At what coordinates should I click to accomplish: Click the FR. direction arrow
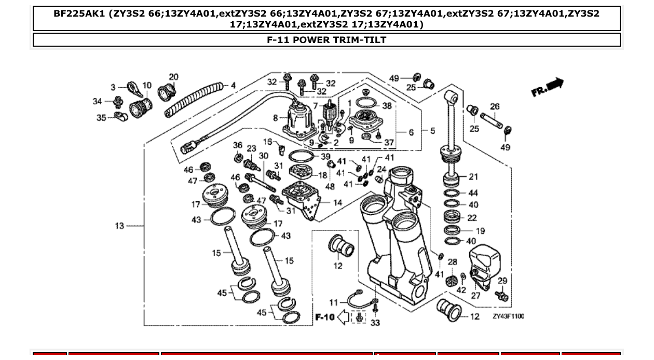(548, 87)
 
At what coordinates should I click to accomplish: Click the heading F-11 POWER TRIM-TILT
(326, 40)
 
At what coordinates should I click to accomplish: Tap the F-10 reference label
(325, 317)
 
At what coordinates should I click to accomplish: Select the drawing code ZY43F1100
(508, 316)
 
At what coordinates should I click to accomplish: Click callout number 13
(119, 226)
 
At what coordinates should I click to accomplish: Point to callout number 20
(173, 77)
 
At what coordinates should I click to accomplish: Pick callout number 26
(495, 107)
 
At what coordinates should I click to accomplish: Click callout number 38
(387, 106)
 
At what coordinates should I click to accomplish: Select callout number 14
(337, 203)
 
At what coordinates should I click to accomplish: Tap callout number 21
(473, 177)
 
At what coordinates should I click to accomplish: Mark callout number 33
(375, 323)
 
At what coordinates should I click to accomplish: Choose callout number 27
(475, 296)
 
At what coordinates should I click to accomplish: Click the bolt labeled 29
(501, 297)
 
